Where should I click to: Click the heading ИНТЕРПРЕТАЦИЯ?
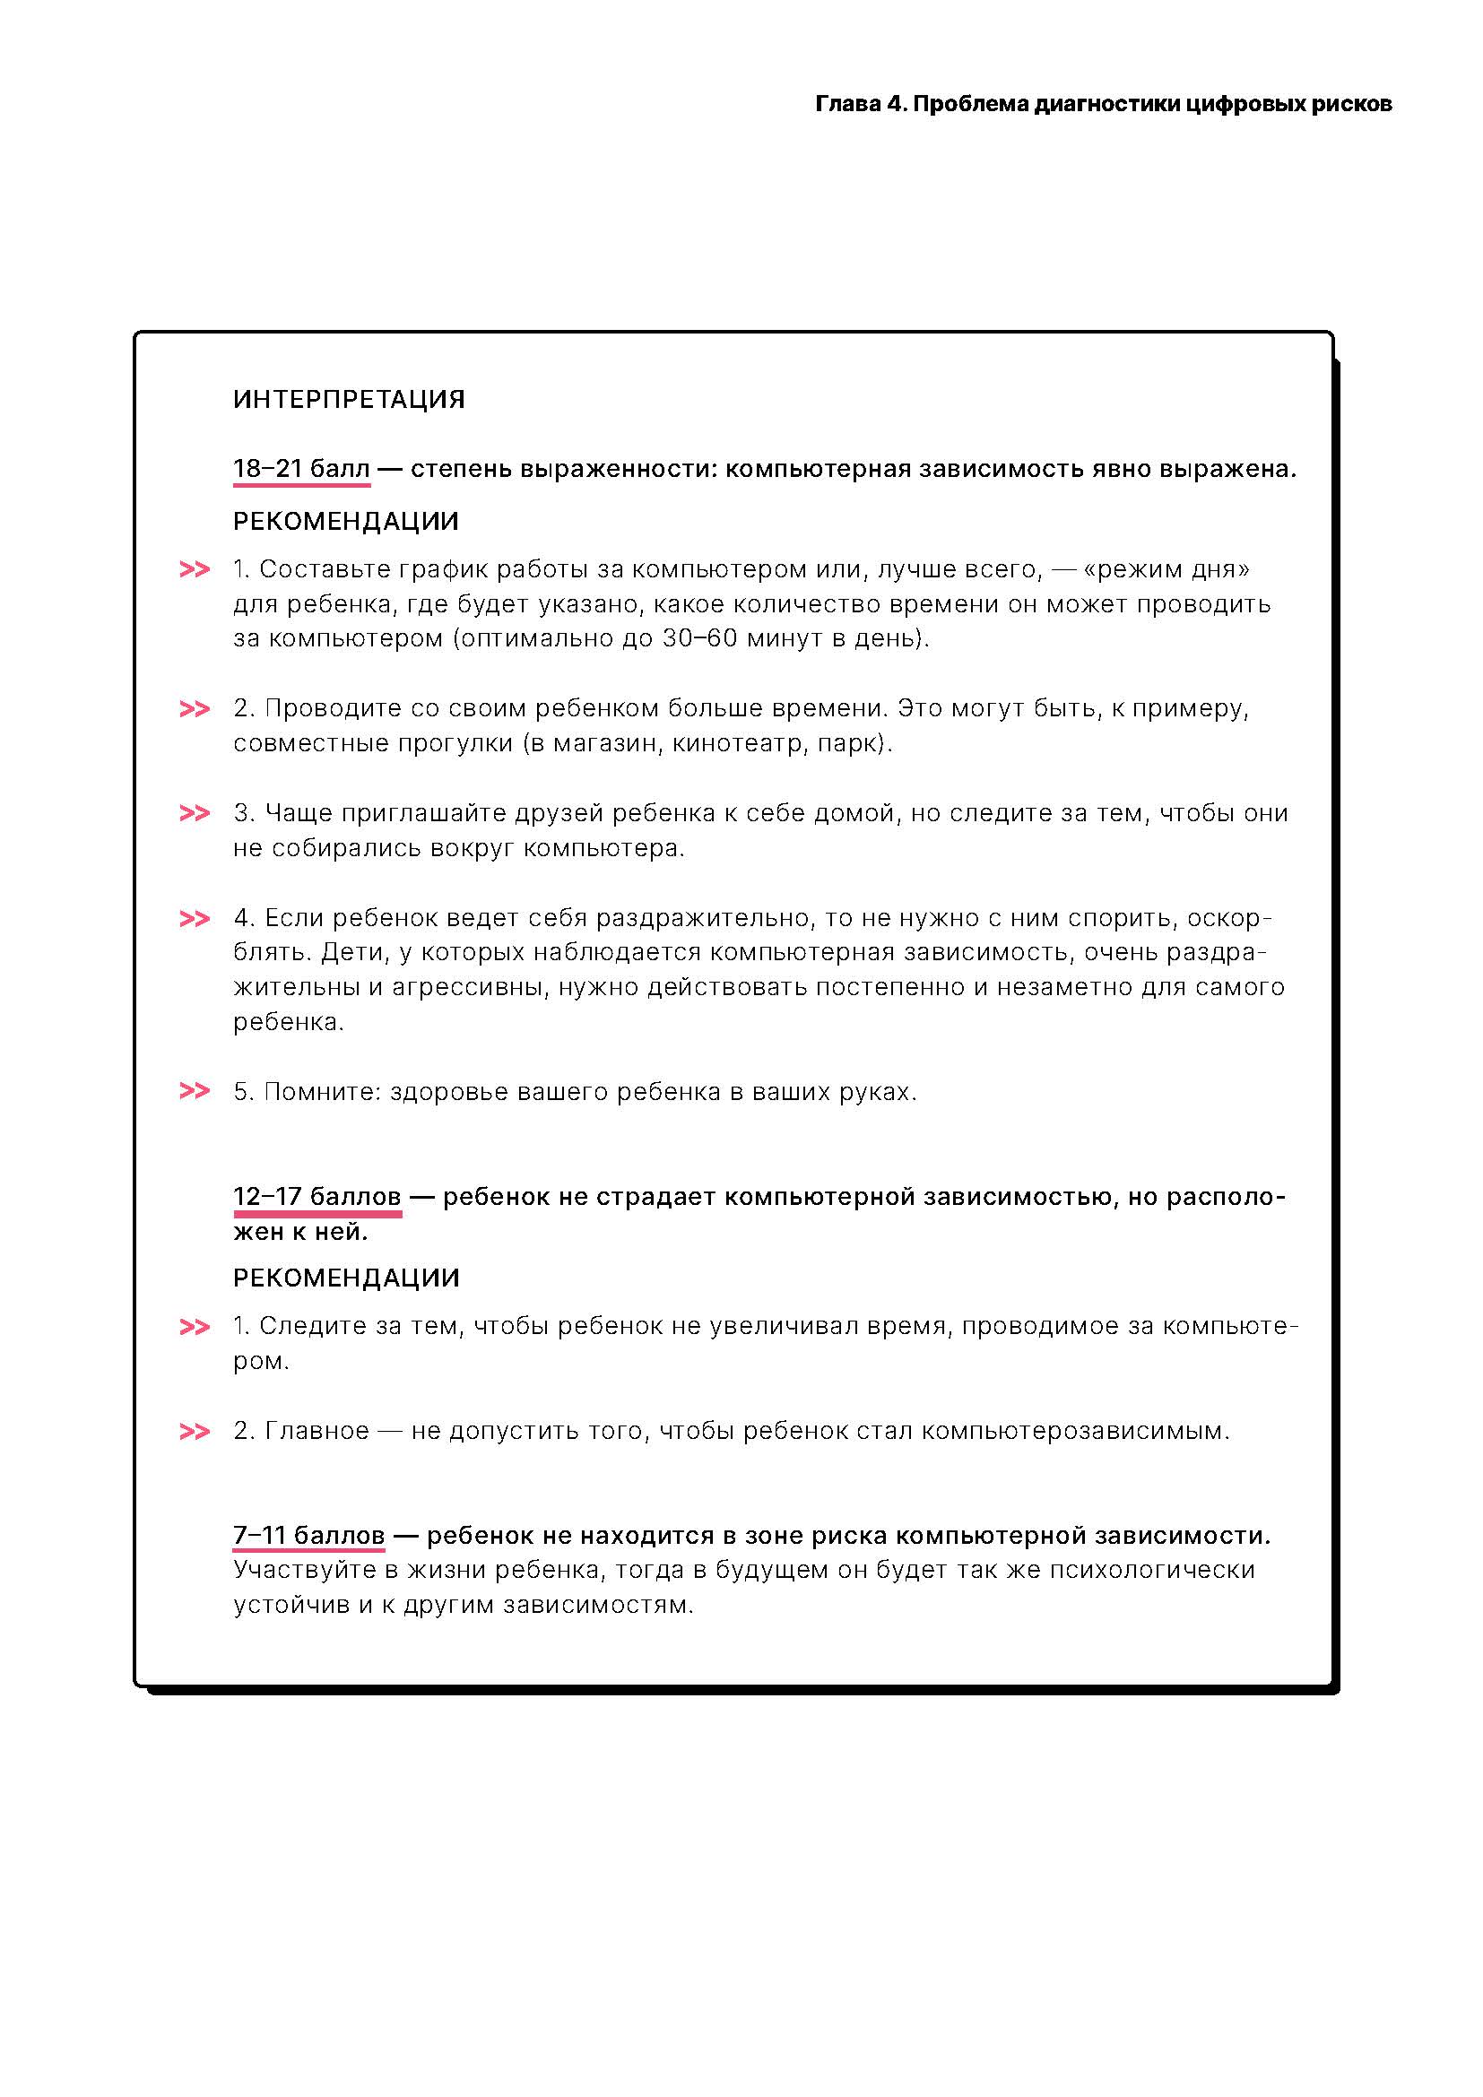pyautogui.click(x=349, y=399)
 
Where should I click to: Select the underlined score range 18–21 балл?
pyautogui.click(x=301, y=469)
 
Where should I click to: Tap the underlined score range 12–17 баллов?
pyautogui.click(x=317, y=1197)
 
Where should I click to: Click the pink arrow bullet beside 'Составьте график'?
pyautogui.click(x=195, y=570)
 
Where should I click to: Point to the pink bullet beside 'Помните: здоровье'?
pyautogui.click(x=195, y=1091)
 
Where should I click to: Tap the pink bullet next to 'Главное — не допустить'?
pyautogui.click(x=195, y=1431)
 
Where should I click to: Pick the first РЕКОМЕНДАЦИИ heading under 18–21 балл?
pyautogui.click(x=346, y=522)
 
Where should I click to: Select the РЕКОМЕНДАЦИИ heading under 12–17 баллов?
pyautogui.click(x=346, y=1278)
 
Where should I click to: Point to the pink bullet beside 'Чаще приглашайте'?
pyautogui.click(x=195, y=813)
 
